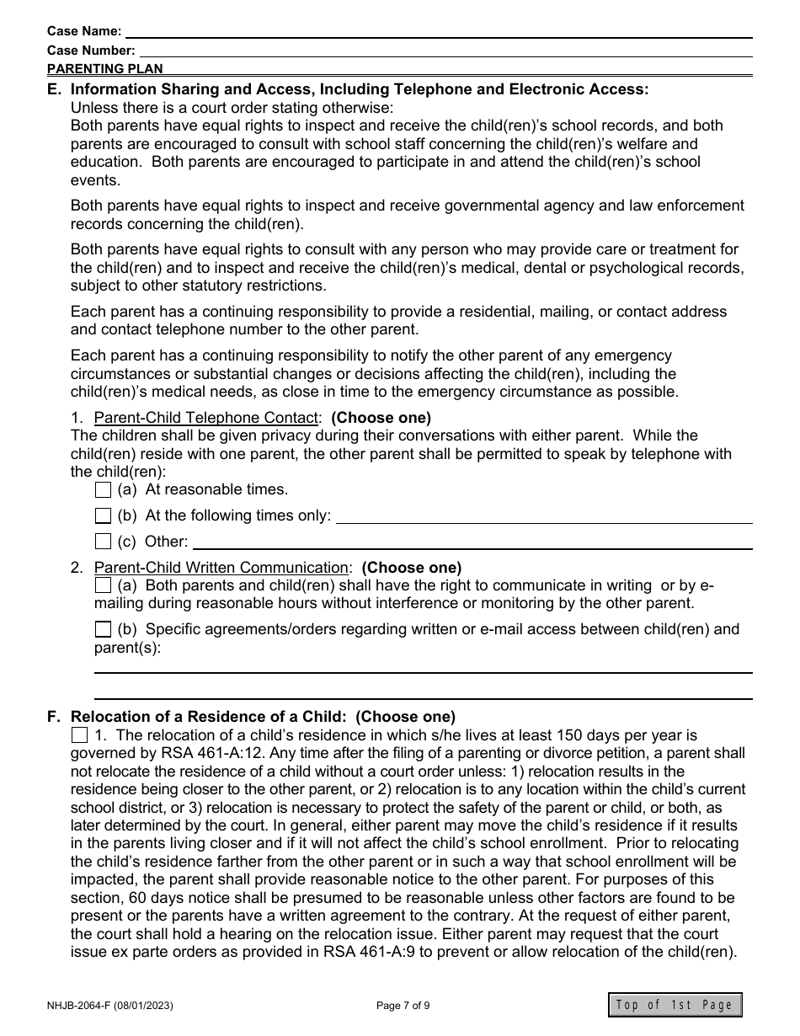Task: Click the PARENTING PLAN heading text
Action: [105, 69]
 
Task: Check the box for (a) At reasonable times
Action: [103, 489]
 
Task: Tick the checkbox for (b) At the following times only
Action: [103, 515]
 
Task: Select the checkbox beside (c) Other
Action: [103, 542]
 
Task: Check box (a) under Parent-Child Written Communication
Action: [103, 585]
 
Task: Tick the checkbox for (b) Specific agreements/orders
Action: [103, 629]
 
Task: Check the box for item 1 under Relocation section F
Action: [79, 735]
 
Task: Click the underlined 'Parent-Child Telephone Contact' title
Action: [206, 418]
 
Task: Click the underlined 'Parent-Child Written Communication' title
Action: [221, 568]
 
